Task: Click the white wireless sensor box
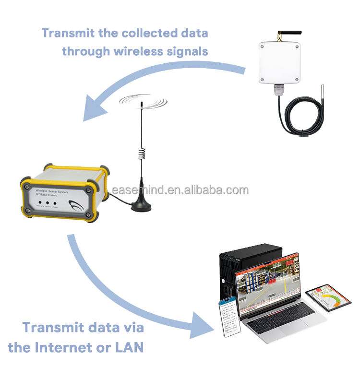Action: tap(280, 63)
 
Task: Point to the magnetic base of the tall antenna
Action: tap(142, 203)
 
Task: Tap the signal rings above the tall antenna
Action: tap(143, 101)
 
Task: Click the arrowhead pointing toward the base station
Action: tap(94, 109)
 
